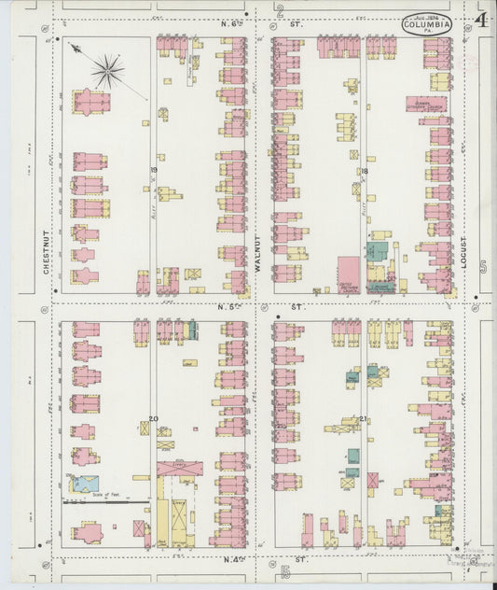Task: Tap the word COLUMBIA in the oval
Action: coord(428,24)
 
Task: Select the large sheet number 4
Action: coord(479,20)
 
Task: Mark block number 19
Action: coord(153,170)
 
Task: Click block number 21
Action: coord(363,419)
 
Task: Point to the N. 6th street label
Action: coord(230,22)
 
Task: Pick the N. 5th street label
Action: coord(230,306)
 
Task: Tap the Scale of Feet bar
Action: coord(105,500)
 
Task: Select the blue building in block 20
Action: coord(85,483)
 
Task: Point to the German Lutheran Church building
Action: coord(425,105)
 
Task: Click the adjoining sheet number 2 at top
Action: coord(280,11)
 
